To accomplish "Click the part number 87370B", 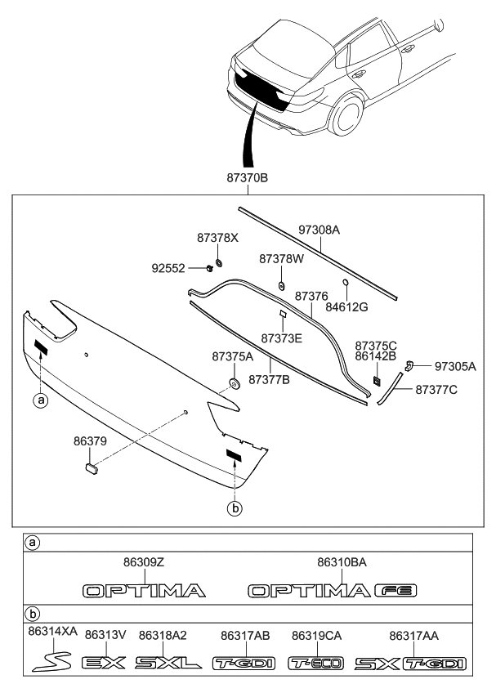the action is coord(247,178).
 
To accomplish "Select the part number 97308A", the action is coord(319,230).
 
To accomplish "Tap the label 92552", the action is coord(168,268).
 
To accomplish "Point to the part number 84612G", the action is coord(346,306).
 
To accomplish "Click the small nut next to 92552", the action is coord(208,267).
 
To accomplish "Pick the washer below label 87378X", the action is coord(218,263).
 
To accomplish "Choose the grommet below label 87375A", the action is coord(234,383).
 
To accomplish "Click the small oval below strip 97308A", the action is coord(346,283).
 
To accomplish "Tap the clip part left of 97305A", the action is coord(409,365).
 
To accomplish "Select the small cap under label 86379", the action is coord(92,468).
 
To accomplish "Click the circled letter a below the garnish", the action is coord(41,400).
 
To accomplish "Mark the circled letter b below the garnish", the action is coord(235,508).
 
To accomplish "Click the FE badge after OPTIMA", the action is coord(395,591).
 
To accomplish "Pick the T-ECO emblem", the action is coord(315,663).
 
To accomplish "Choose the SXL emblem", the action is coord(168,663).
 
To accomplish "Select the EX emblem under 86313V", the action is coord(104,663).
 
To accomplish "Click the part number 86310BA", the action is coord(342,562).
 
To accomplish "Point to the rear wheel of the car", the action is coord(347,116).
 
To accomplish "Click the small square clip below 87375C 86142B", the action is coord(377,381).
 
